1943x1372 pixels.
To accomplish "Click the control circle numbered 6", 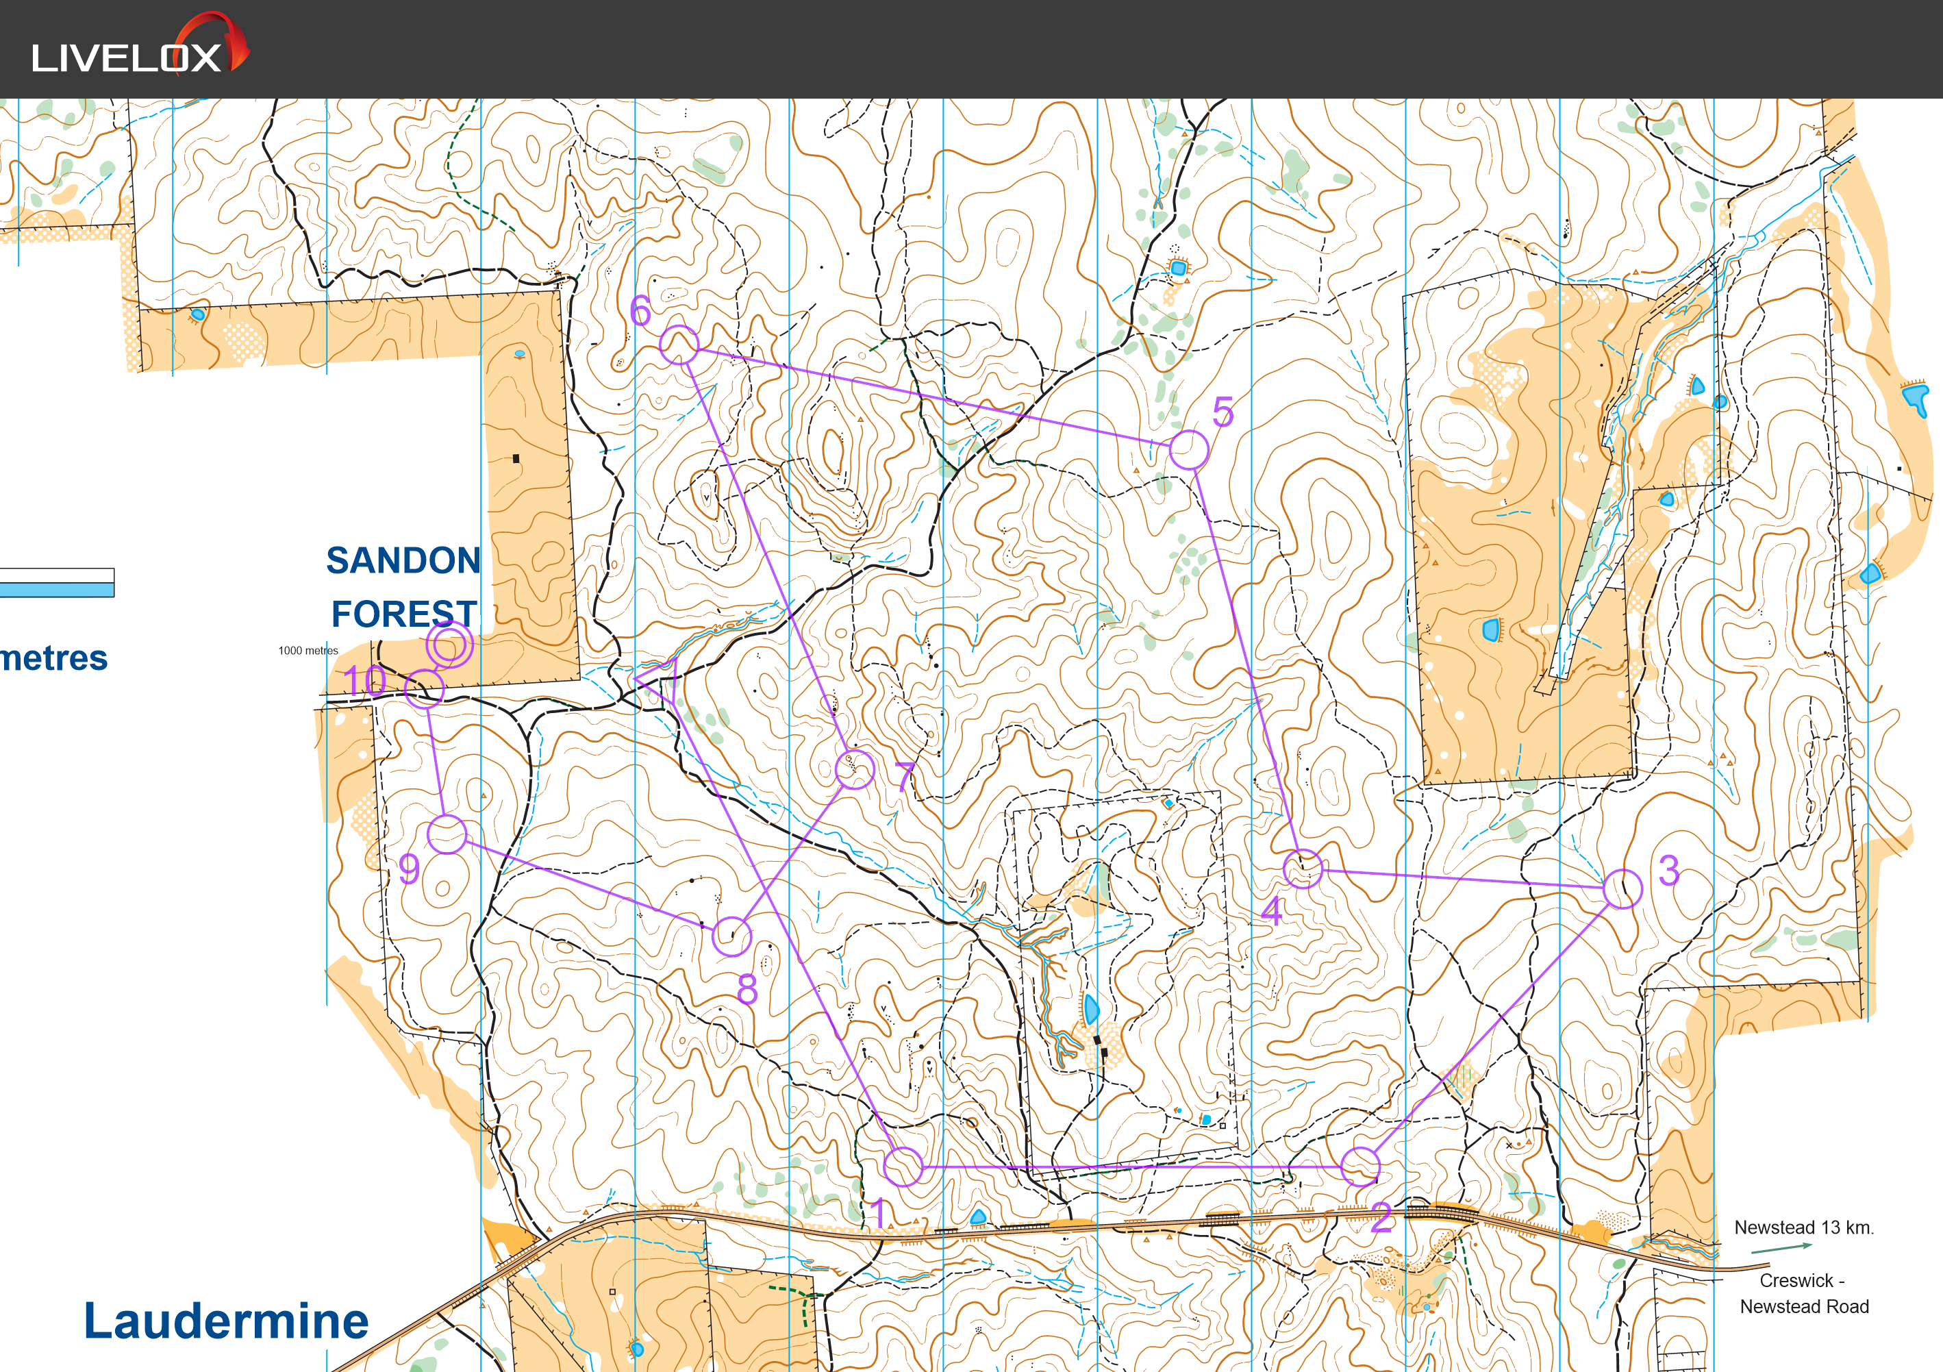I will (679, 345).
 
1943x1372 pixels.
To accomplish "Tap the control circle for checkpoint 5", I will (1188, 449).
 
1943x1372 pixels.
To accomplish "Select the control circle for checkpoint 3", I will (1622, 888).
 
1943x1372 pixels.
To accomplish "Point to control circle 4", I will (1303, 869).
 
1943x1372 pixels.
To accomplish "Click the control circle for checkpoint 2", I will (1360, 1167).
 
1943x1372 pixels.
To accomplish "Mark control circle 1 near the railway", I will (903, 1167).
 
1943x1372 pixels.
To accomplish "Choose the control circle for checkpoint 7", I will (855, 769).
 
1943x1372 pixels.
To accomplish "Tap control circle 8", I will (732, 936).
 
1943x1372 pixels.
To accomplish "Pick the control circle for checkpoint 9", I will (447, 834).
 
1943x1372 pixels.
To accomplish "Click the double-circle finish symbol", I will (449, 646).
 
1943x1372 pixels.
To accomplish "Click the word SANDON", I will (403, 560).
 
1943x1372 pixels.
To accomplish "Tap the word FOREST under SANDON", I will (403, 614).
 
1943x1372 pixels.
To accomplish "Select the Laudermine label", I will (226, 1321).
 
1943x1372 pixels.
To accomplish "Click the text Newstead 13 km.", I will (1803, 1227).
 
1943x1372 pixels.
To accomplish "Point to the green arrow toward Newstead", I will (1781, 1247).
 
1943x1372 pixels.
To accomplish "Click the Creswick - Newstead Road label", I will (1803, 1293).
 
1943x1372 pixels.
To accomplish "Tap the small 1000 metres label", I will (308, 651).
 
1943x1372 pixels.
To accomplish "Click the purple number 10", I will (365, 682).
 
